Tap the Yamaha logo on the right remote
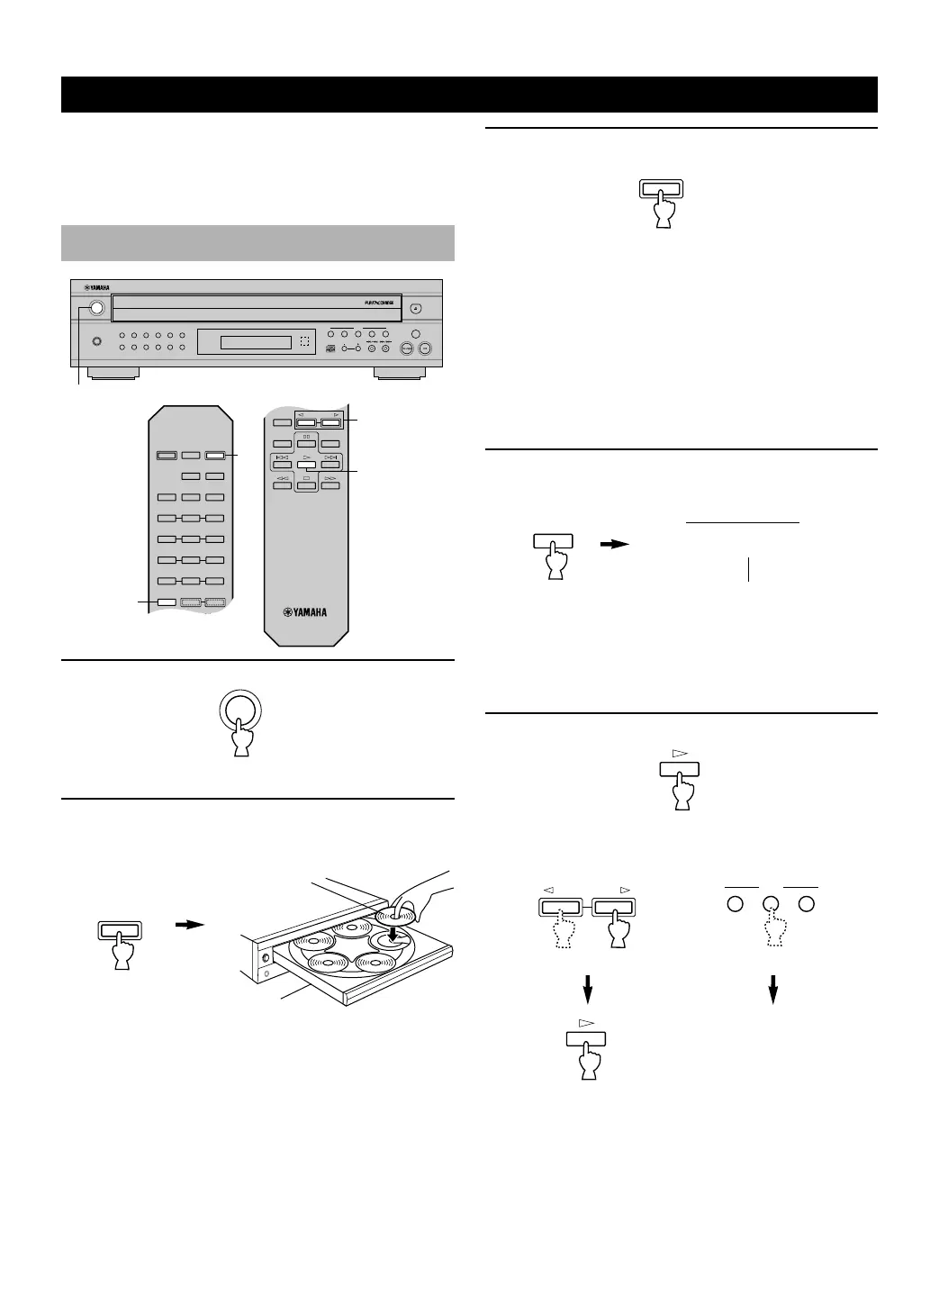[306, 612]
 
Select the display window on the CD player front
[245, 342]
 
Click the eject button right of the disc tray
[415, 308]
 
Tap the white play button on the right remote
[307, 465]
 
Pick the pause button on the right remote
[307, 444]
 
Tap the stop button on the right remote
[307, 485]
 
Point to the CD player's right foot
[400, 373]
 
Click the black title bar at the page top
[469, 95]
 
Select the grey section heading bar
[257, 242]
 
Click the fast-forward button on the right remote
[330, 485]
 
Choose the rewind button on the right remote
[283, 485]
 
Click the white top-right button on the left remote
[214, 456]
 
